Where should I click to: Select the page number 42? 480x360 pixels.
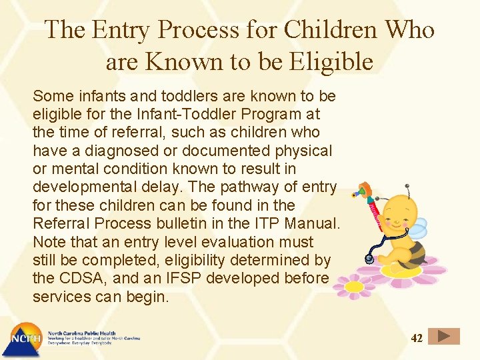[x=417, y=338]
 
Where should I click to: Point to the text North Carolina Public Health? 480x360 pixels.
[x=81, y=333]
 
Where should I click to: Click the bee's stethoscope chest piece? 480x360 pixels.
[x=369, y=258]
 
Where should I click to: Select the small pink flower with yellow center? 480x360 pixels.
[x=353, y=286]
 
